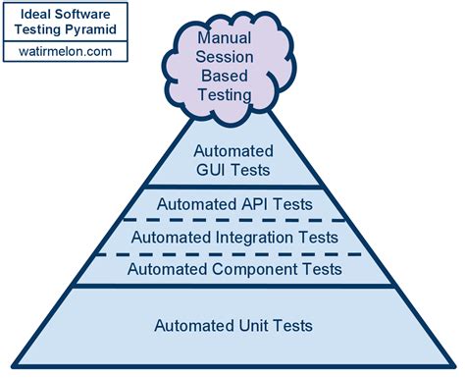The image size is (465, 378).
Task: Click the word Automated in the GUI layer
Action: click(235, 152)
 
